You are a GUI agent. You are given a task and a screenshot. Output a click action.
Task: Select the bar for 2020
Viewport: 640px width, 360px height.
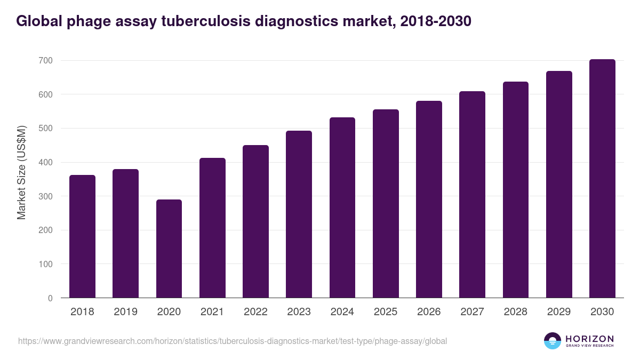169,249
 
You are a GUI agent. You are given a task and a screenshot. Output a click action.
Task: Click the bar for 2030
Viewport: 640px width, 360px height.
602,179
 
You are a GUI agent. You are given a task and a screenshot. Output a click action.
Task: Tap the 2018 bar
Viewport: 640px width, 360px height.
82,236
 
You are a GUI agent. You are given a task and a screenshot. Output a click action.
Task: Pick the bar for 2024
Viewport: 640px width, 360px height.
342,207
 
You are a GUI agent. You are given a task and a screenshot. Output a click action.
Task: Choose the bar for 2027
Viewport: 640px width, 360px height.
472,195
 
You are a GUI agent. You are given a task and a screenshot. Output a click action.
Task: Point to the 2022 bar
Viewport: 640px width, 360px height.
255,221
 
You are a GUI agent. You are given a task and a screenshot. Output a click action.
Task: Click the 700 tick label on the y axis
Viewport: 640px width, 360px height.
45,61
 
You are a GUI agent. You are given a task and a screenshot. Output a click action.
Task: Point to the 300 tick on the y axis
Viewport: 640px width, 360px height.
45,196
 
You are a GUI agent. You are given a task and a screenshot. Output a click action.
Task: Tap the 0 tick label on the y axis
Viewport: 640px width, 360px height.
50,298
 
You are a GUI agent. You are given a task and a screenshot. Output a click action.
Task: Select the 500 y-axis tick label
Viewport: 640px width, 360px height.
45,129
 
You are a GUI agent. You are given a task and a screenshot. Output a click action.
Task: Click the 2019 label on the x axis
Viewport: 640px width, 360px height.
125,312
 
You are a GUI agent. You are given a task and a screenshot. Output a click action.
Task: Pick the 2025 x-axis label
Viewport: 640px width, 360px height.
386,312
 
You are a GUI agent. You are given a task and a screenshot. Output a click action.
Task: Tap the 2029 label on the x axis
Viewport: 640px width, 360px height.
559,312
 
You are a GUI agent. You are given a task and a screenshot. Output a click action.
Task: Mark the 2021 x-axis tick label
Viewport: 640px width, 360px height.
212,312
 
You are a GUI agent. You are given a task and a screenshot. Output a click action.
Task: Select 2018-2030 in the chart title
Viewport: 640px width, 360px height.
435,21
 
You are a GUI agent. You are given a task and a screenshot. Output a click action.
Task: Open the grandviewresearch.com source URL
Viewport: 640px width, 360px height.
233,341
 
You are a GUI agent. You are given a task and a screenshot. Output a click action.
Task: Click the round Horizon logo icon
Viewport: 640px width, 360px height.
553,341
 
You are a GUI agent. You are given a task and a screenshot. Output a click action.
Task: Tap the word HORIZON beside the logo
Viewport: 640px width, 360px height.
589,339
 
